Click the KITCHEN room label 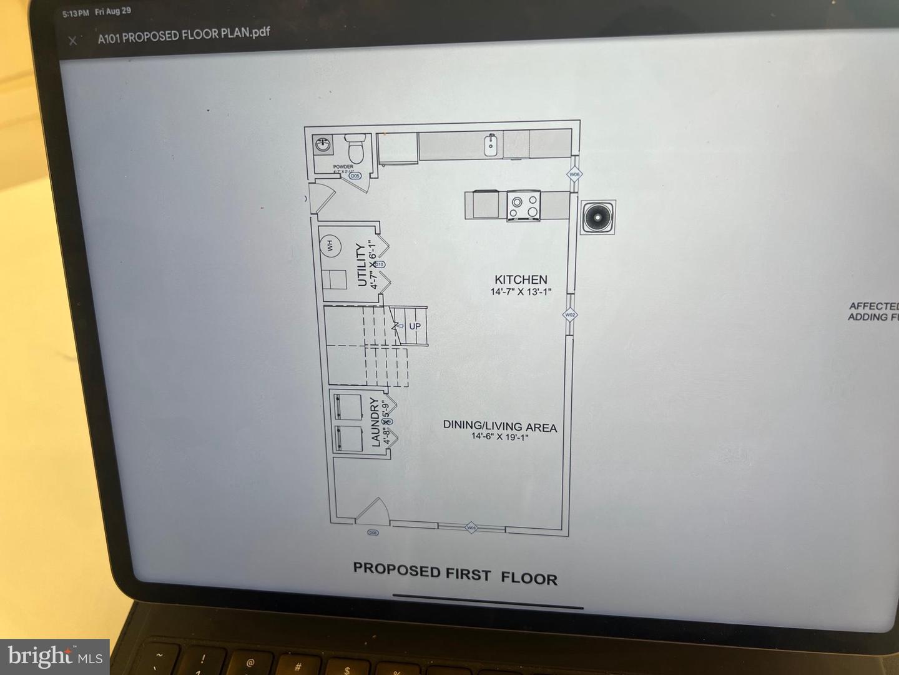click(521, 279)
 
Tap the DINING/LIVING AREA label click(499, 426)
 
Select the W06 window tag click(574, 174)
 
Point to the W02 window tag click(569, 315)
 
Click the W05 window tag click(471, 528)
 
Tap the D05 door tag click(355, 176)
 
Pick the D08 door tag click(373, 532)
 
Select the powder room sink click(323, 145)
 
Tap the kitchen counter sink click(491, 145)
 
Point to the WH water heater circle click(330, 246)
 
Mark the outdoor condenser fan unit click(598, 217)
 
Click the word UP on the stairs click(415, 326)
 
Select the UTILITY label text click(361, 265)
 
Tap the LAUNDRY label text click(375, 422)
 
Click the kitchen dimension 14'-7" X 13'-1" click(521, 292)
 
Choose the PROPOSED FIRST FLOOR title click(455, 574)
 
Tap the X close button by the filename click(72, 41)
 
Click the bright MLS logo click(55, 656)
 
